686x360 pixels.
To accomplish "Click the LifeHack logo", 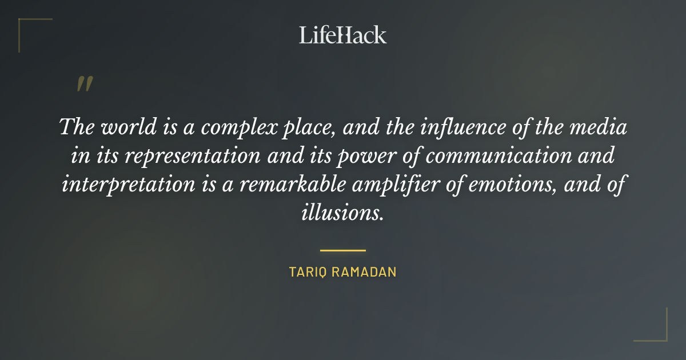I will click(342, 35).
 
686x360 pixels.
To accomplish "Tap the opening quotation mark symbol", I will click(85, 84).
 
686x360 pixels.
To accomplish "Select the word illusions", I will click(342, 213).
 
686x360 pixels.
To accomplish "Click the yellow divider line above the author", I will click(342, 250).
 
